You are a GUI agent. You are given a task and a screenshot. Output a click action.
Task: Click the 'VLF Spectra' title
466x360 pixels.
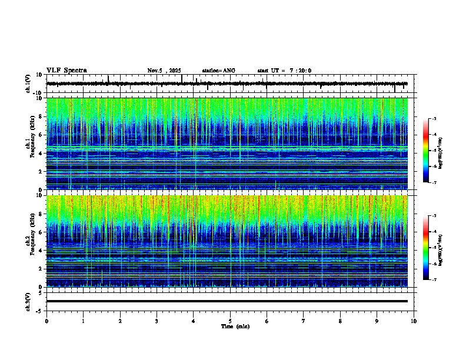coord(66,71)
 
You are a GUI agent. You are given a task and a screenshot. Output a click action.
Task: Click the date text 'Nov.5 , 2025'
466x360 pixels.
coord(166,71)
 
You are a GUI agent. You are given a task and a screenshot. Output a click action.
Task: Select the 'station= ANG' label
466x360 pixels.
coord(218,71)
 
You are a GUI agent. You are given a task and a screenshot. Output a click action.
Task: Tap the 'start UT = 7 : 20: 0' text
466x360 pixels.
coord(284,71)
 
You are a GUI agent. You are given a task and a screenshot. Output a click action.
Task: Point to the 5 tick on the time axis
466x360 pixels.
coord(230,321)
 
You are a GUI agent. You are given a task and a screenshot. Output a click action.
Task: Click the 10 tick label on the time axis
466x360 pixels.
coord(414,321)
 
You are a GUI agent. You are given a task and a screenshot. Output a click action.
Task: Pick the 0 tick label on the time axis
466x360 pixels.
coord(46,321)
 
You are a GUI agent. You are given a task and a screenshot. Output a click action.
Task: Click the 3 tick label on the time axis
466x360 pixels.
coord(157,321)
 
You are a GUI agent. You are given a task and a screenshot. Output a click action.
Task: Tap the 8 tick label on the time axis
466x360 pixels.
coord(340,321)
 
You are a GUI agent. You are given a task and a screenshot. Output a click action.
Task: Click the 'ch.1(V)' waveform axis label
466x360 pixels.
coord(28,84)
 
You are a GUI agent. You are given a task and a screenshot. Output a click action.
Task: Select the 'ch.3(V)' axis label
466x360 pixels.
coord(28,301)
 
